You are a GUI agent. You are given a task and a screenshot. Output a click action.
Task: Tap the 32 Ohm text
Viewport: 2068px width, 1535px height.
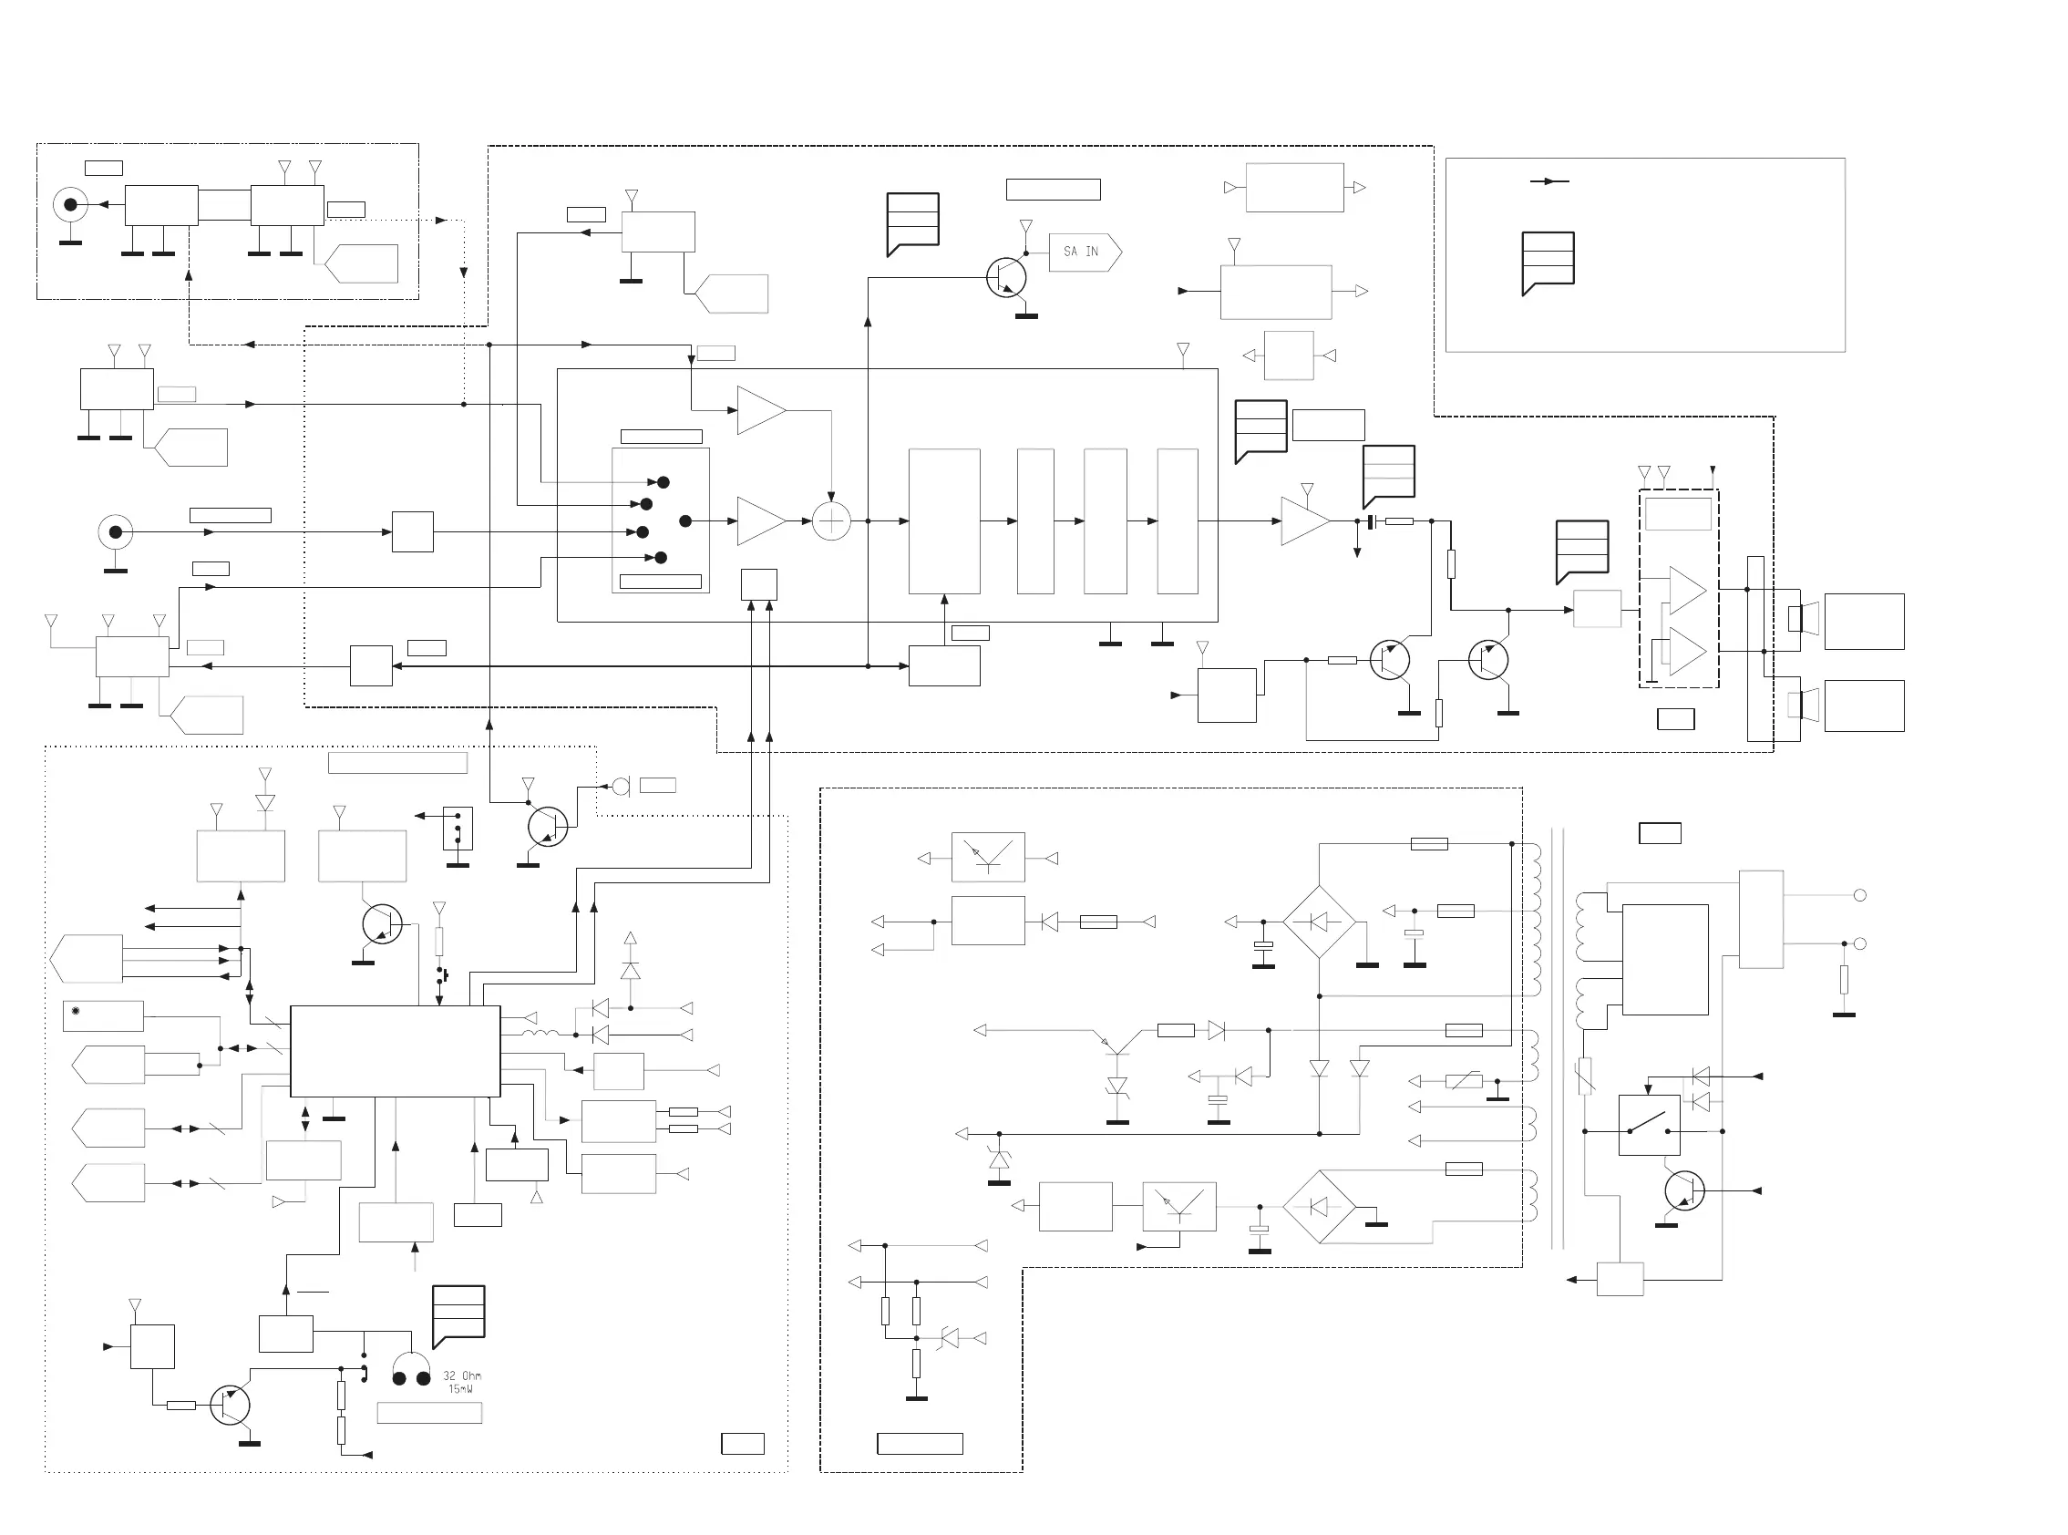tap(462, 1375)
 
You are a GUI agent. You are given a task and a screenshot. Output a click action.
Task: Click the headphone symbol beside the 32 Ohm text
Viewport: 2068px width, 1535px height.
tap(411, 1371)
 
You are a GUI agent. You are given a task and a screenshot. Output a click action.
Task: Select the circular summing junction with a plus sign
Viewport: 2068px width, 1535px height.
tap(831, 521)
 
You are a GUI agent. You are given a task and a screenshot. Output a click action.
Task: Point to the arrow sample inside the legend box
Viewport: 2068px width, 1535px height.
tap(1549, 181)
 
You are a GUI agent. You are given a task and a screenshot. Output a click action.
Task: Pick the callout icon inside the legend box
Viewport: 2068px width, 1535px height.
tap(1548, 262)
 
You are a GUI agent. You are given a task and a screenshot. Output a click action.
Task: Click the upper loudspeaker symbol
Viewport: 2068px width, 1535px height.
tap(1803, 618)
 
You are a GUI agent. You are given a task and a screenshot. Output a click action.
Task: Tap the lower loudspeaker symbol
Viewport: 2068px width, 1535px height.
tap(1803, 705)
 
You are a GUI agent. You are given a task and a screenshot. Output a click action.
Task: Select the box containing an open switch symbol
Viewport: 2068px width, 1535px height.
tap(1649, 1125)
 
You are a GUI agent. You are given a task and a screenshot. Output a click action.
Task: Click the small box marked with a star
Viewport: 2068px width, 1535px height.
tap(103, 1015)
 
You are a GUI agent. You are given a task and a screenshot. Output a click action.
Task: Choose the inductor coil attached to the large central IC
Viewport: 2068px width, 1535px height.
tap(540, 1035)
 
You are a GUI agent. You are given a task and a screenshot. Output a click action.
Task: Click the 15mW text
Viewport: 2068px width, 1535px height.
tap(461, 1389)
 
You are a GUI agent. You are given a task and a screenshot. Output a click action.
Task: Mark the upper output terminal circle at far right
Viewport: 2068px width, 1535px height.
tap(1860, 895)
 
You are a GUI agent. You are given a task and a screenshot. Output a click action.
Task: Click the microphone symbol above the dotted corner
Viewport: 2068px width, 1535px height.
tap(621, 787)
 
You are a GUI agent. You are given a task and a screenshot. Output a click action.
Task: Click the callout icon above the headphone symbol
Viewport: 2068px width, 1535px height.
tap(458, 1314)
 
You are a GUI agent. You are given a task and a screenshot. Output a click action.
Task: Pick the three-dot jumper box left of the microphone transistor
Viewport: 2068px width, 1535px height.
tap(458, 828)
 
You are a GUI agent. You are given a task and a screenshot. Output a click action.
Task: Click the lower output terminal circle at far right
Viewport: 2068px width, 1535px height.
tap(1860, 943)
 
